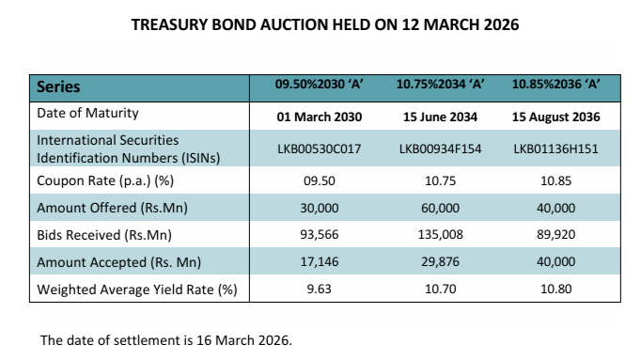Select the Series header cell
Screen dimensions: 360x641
[58, 87]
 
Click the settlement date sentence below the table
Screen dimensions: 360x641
[166, 339]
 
